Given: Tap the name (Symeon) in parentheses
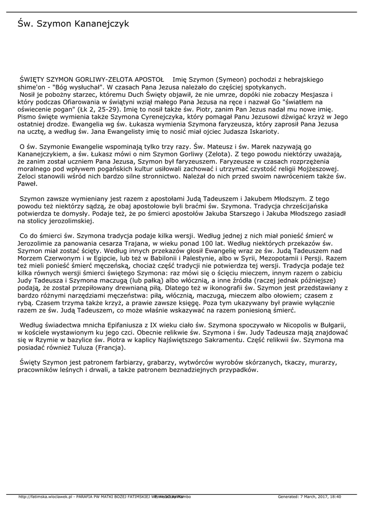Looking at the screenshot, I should [x=228, y=80].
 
